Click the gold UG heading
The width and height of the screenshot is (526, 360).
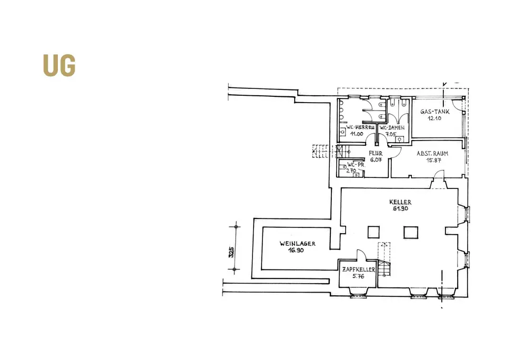click(59, 65)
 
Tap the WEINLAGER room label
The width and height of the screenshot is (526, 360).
click(298, 244)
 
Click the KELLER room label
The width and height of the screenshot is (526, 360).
click(400, 202)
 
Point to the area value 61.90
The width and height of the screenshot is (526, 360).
click(401, 208)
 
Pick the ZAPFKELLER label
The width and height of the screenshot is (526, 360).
click(358, 269)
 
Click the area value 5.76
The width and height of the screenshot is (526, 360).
click(358, 276)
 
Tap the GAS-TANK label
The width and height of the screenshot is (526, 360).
click(434, 112)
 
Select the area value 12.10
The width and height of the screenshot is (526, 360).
click(434, 119)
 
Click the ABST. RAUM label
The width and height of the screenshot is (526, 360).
click(432, 154)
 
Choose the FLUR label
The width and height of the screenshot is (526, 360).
click(376, 154)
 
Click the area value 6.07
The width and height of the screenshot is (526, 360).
click(376, 160)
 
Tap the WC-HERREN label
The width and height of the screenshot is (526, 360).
click(359, 127)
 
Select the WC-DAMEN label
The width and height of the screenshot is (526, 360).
click(393, 127)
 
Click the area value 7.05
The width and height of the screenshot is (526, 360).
click(390, 134)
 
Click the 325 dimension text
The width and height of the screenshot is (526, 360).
click(231, 252)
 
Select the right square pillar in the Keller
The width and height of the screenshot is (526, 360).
click(410, 232)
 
